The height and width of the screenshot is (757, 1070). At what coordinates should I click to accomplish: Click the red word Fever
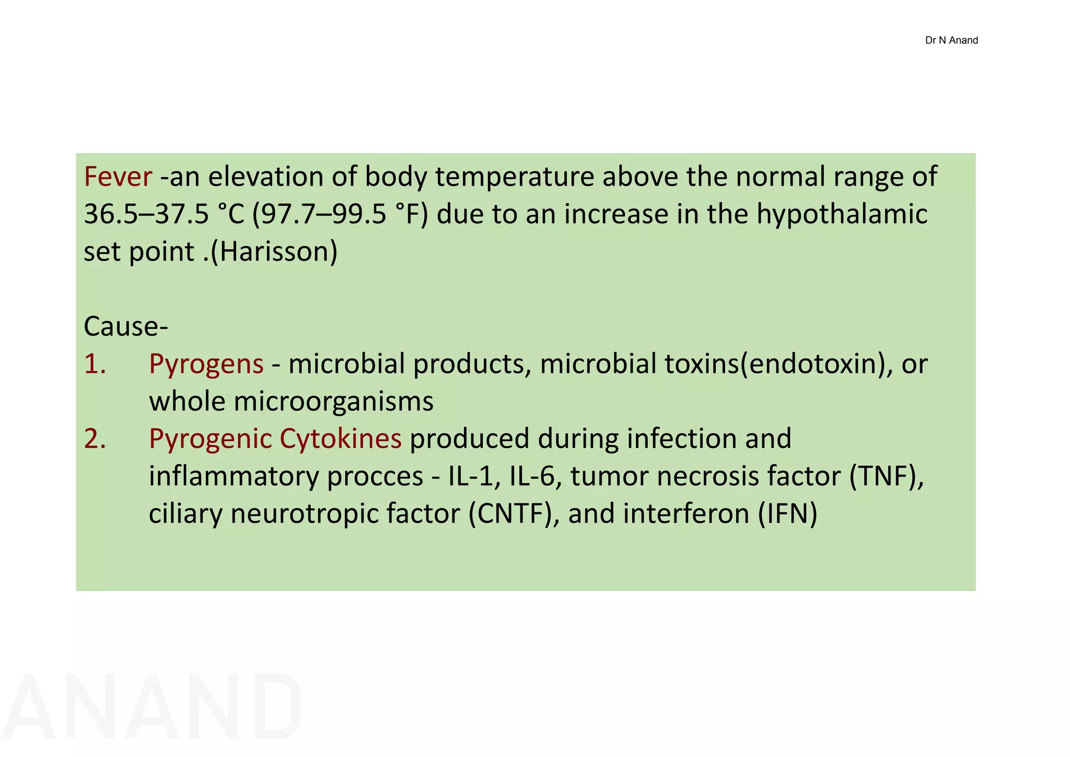(118, 177)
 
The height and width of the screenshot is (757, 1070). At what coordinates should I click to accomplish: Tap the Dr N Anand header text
(951, 40)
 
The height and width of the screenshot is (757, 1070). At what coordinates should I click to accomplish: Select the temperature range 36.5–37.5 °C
(164, 214)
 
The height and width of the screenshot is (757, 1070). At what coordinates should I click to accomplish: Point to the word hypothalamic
(842, 214)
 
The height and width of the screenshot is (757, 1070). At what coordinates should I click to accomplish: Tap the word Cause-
(125, 327)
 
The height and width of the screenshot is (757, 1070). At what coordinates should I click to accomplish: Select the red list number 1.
(95, 364)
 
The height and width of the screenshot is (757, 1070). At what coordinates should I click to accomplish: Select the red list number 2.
(95, 439)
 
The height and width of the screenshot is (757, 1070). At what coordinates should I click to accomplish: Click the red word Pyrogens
(206, 365)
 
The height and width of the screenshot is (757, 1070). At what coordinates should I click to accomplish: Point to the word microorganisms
(333, 402)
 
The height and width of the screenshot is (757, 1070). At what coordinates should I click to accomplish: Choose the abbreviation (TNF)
(886, 476)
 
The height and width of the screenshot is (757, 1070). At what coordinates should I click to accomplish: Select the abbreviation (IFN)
(788, 514)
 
